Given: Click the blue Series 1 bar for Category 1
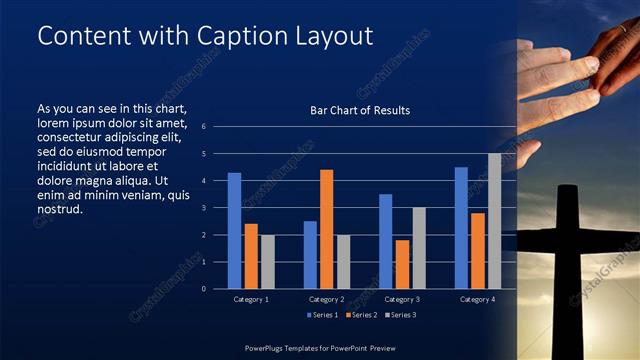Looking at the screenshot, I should tap(234, 230).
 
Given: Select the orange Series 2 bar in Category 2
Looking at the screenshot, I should tap(326, 229).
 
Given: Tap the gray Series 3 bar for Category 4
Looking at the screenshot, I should tap(494, 221).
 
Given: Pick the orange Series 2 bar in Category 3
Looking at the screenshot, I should tap(402, 264).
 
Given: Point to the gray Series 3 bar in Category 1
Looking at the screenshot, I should tap(267, 261).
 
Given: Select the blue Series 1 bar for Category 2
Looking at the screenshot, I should tap(310, 254).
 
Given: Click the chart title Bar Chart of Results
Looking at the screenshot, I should tap(360, 110).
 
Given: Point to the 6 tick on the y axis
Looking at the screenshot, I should tap(203, 127).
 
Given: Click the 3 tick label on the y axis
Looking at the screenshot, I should tap(203, 208).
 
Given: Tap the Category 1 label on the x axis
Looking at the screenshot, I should tap(251, 299).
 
